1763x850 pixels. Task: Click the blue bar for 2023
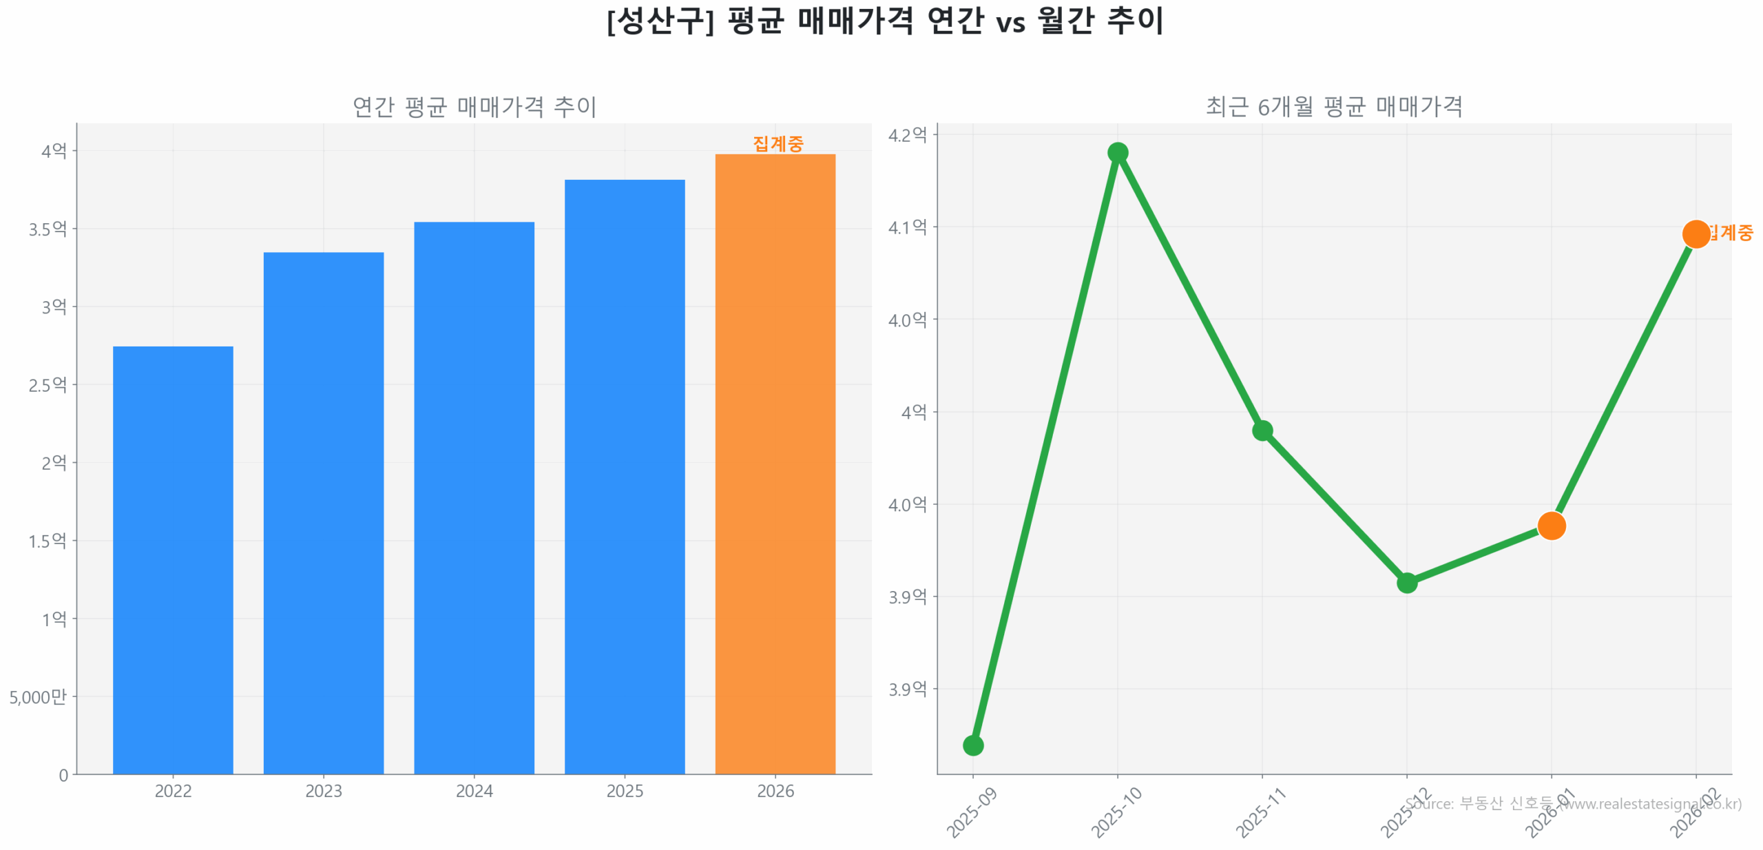pos(323,512)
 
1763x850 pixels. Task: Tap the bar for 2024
pos(474,497)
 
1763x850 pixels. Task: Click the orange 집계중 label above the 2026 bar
pos(778,143)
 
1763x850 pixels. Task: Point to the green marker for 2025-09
pos(972,745)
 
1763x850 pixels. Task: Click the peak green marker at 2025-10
pos(1117,152)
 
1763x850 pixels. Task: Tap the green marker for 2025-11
pos(1262,431)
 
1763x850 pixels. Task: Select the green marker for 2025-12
pos(1406,583)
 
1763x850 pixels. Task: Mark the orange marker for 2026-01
pos(1551,526)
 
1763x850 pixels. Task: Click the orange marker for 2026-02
pos(1696,234)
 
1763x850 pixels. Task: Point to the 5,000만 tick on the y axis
pos(39,697)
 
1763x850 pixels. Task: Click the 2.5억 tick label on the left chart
pos(48,384)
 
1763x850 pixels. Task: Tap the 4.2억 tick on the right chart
pos(907,134)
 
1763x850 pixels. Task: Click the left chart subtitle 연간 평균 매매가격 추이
pos(474,106)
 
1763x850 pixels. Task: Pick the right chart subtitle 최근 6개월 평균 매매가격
pos(1333,106)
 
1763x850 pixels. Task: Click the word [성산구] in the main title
pos(660,21)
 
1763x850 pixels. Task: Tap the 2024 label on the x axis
pos(474,791)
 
